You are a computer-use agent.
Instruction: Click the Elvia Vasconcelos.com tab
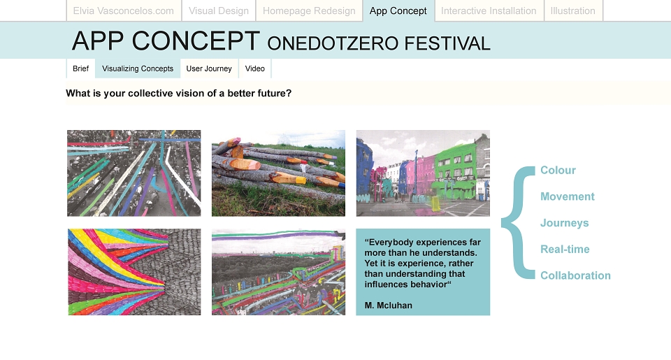click(124, 10)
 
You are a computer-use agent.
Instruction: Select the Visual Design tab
click(219, 10)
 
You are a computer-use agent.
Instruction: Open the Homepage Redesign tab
click(309, 10)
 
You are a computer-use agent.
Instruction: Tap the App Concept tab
click(398, 10)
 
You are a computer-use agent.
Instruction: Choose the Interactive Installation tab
click(489, 10)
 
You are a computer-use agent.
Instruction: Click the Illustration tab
click(573, 10)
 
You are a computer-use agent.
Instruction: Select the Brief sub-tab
click(81, 69)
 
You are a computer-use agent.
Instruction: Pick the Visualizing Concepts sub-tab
click(138, 69)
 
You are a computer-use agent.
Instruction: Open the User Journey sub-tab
click(209, 69)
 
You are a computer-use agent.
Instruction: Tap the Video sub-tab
click(255, 69)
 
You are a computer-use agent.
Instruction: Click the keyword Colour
click(558, 171)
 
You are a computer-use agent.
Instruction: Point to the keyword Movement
click(568, 196)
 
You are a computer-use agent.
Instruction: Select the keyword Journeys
click(565, 223)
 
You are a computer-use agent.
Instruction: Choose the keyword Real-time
click(565, 249)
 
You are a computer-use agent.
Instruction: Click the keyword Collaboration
click(575, 275)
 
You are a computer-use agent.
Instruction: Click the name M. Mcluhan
click(389, 305)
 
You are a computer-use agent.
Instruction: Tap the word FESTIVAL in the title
click(447, 43)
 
